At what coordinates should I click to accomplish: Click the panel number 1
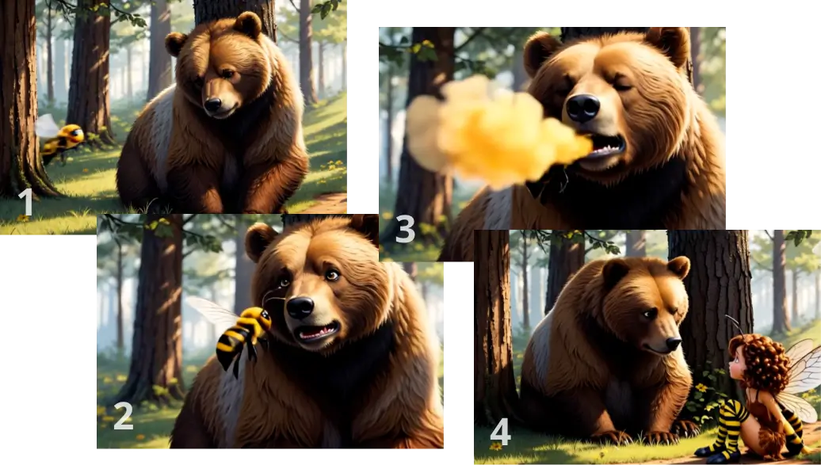(26, 203)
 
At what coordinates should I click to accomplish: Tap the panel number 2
(123, 416)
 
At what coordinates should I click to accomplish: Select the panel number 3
(405, 229)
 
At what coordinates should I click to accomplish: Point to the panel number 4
(501, 433)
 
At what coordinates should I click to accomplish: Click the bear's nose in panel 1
(212, 104)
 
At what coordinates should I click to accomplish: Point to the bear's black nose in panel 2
(300, 307)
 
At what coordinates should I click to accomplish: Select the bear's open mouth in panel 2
(315, 331)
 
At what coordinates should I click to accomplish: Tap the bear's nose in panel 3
(582, 108)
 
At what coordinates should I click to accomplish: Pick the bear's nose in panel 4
(674, 343)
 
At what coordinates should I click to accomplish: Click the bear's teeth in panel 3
(607, 149)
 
